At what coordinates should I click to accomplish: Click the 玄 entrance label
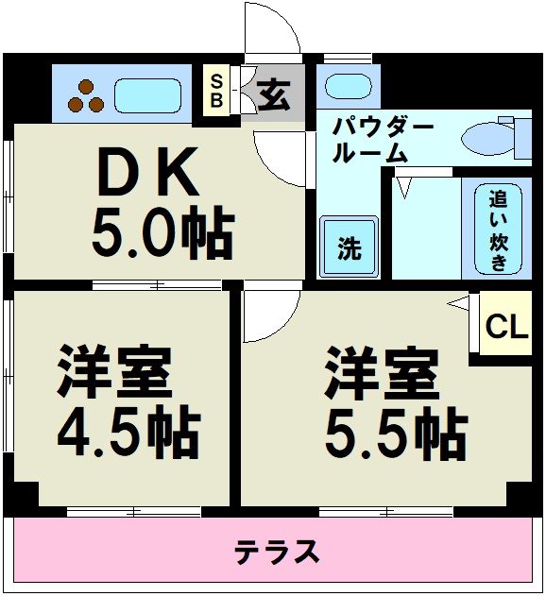[274, 94]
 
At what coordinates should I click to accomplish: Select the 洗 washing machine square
[349, 247]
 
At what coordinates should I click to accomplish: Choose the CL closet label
[506, 327]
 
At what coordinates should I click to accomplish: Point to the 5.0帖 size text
[161, 233]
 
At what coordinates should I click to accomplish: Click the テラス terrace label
[277, 553]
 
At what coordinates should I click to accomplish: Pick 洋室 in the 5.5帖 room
[382, 374]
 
